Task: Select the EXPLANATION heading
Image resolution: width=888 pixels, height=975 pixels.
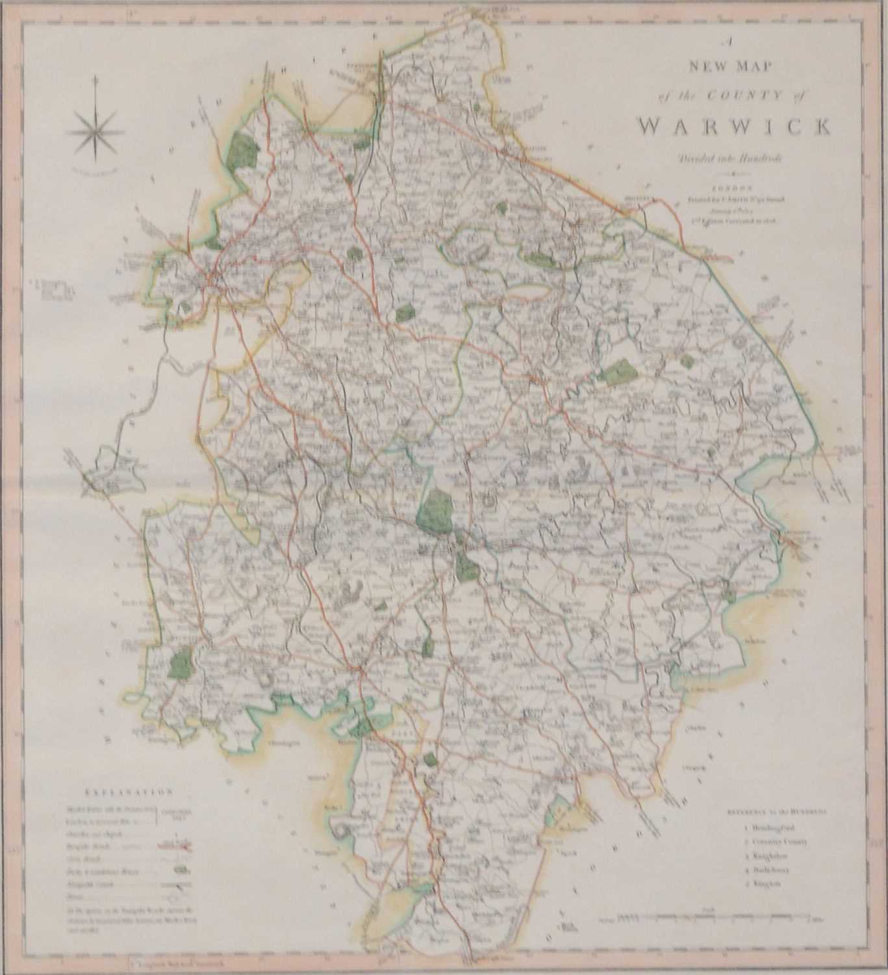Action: point(127,792)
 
